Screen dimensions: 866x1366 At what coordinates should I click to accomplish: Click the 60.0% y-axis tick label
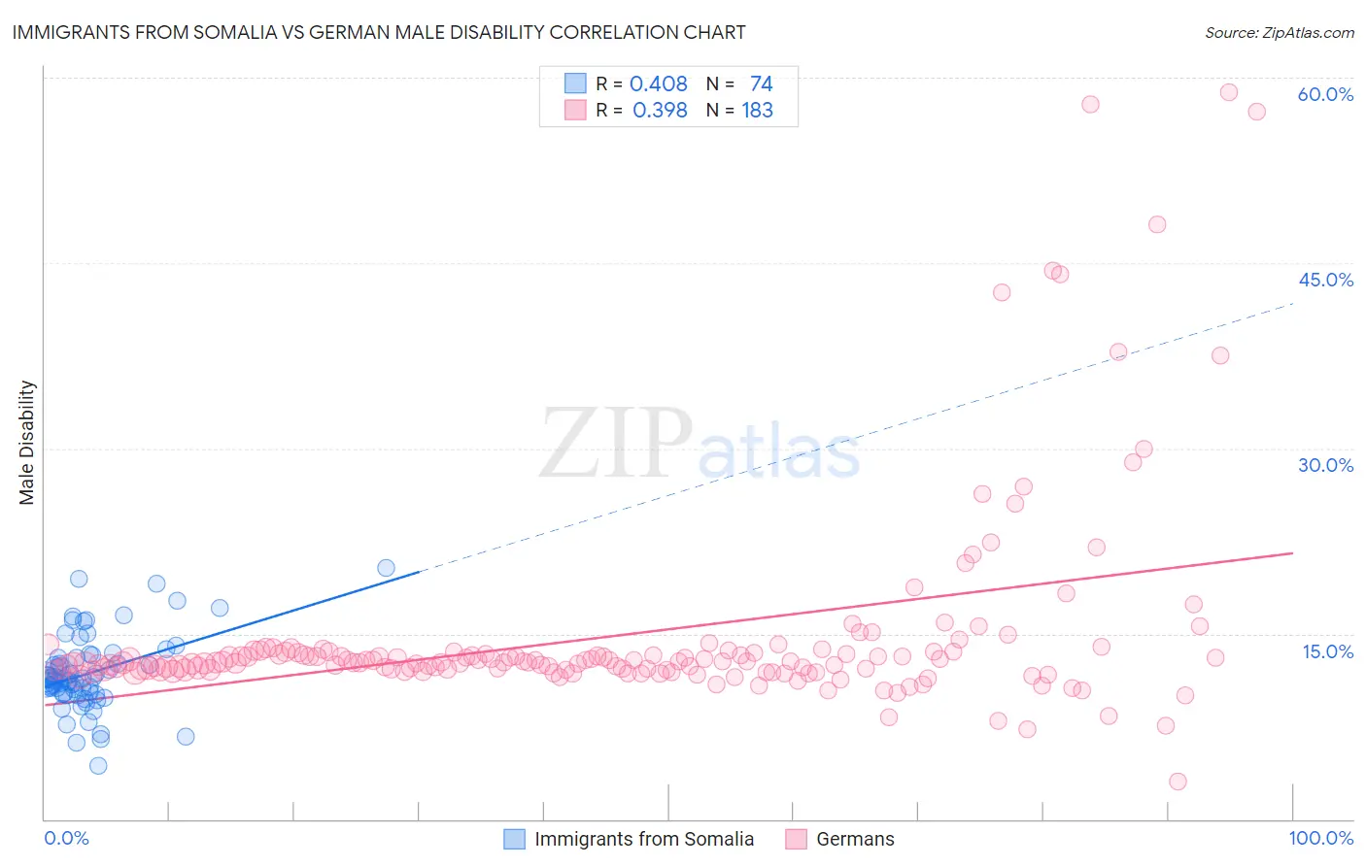[x=1325, y=94]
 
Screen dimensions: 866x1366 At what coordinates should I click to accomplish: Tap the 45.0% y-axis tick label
[x=1325, y=280]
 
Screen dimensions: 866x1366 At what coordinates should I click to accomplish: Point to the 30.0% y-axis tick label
[x=1325, y=465]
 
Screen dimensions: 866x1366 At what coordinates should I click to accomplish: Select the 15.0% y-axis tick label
[x=1327, y=650]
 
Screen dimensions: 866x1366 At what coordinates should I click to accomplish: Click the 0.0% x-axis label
[x=66, y=838]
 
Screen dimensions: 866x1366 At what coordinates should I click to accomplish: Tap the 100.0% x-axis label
[x=1320, y=838]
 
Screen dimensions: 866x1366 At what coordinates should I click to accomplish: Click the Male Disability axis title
[x=27, y=442]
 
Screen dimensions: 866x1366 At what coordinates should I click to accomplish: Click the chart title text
[x=379, y=32]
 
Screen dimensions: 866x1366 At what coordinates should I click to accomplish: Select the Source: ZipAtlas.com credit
[x=1279, y=32]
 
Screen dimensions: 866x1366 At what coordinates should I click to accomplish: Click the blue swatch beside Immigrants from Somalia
[x=514, y=839]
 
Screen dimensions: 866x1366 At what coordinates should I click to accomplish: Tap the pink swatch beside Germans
[x=796, y=839]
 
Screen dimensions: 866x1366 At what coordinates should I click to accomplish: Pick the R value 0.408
[x=658, y=83]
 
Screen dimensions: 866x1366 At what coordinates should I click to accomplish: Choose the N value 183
[x=757, y=111]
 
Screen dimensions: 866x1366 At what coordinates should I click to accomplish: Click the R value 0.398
[x=660, y=111]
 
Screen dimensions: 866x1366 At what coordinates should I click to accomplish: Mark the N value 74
[x=761, y=83]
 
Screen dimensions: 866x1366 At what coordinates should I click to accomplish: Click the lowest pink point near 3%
[x=1178, y=782]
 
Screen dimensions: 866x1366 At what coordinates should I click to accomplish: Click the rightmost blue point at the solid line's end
[x=386, y=568]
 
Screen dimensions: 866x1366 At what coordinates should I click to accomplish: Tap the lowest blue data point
[x=98, y=765]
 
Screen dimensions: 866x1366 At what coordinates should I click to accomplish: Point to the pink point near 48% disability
[x=1157, y=224]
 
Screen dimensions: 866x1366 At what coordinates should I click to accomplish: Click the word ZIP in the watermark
[x=615, y=444]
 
